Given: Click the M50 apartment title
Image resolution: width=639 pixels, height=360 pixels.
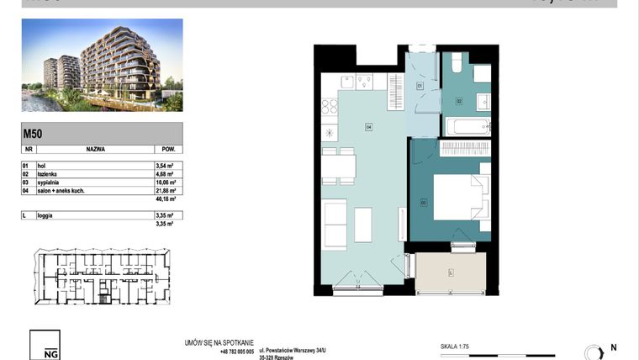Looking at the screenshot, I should [x=33, y=133].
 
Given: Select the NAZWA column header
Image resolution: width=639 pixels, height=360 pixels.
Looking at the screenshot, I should [x=95, y=146].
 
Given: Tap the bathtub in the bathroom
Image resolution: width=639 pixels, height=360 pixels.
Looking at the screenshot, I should [x=467, y=128].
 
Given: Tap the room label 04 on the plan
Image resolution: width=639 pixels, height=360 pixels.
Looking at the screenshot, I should [x=368, y=127].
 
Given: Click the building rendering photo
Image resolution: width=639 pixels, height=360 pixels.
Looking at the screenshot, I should [x=102, y=66].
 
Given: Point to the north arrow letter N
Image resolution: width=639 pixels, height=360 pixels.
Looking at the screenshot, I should [x=613, y=347].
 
